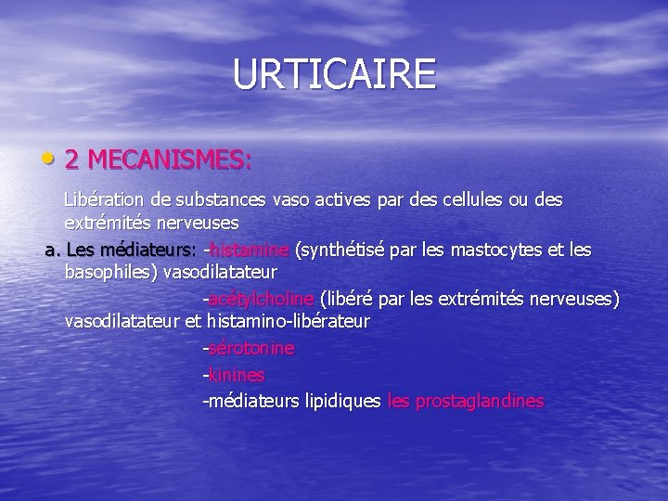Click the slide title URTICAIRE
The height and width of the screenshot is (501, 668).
(334, 74)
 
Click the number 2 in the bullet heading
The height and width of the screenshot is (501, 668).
(72, 161)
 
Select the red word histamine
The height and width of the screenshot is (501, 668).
(250, 250)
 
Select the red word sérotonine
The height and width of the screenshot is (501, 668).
(251, 349)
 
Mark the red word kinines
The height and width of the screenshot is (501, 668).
(237, 375)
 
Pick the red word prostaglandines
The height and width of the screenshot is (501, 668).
(480, 402)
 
